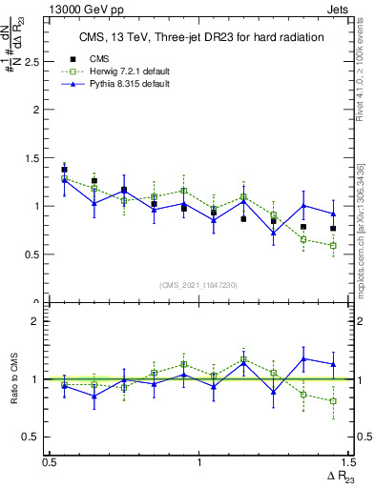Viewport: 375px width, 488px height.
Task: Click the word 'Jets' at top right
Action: click(340, 8)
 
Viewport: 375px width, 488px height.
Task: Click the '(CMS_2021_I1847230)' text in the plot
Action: click(199, 285)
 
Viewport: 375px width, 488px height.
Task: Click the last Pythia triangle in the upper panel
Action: click(333, 213)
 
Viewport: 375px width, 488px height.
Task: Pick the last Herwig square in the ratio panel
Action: click(333, 401)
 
